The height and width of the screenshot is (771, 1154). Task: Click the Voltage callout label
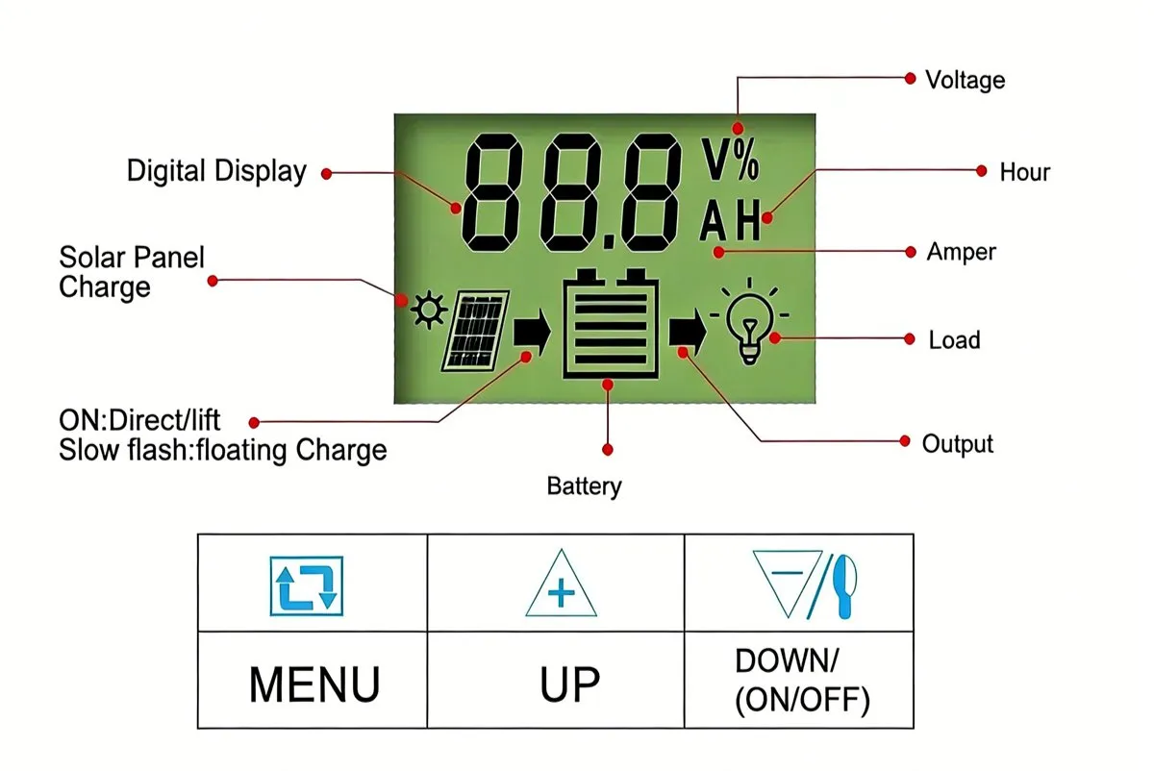coord(965,81)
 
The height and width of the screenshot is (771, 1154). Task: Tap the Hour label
coord(1024,172)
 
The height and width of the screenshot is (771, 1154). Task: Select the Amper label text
coord(961,253)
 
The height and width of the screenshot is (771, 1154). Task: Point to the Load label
coord(954,340)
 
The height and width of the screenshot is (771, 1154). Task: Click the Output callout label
coord(957,444)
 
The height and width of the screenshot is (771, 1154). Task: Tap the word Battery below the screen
coord(585,486)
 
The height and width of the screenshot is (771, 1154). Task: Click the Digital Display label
coord(216,171)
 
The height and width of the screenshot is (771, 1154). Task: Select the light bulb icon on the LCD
coord(749,320)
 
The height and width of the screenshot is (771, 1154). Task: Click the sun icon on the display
coord(429,310)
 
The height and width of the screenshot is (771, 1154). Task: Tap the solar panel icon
coord(475,331)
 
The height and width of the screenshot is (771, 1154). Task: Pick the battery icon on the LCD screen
coord(611,323)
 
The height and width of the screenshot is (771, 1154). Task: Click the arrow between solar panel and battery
coord(532,333)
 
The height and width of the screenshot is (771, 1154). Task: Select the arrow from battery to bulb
coord(688,332)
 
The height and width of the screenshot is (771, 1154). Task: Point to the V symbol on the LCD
coord(716,160)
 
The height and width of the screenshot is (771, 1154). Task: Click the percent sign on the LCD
coord(746,160)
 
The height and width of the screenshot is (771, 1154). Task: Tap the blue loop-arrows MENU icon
coord(307,586)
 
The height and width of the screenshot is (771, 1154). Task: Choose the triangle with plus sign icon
coord(561,584)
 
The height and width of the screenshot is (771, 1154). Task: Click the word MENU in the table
coord(314,684)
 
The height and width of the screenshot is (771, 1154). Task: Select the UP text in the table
coord(569,684)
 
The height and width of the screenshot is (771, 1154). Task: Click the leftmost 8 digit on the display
coord(492,192)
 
